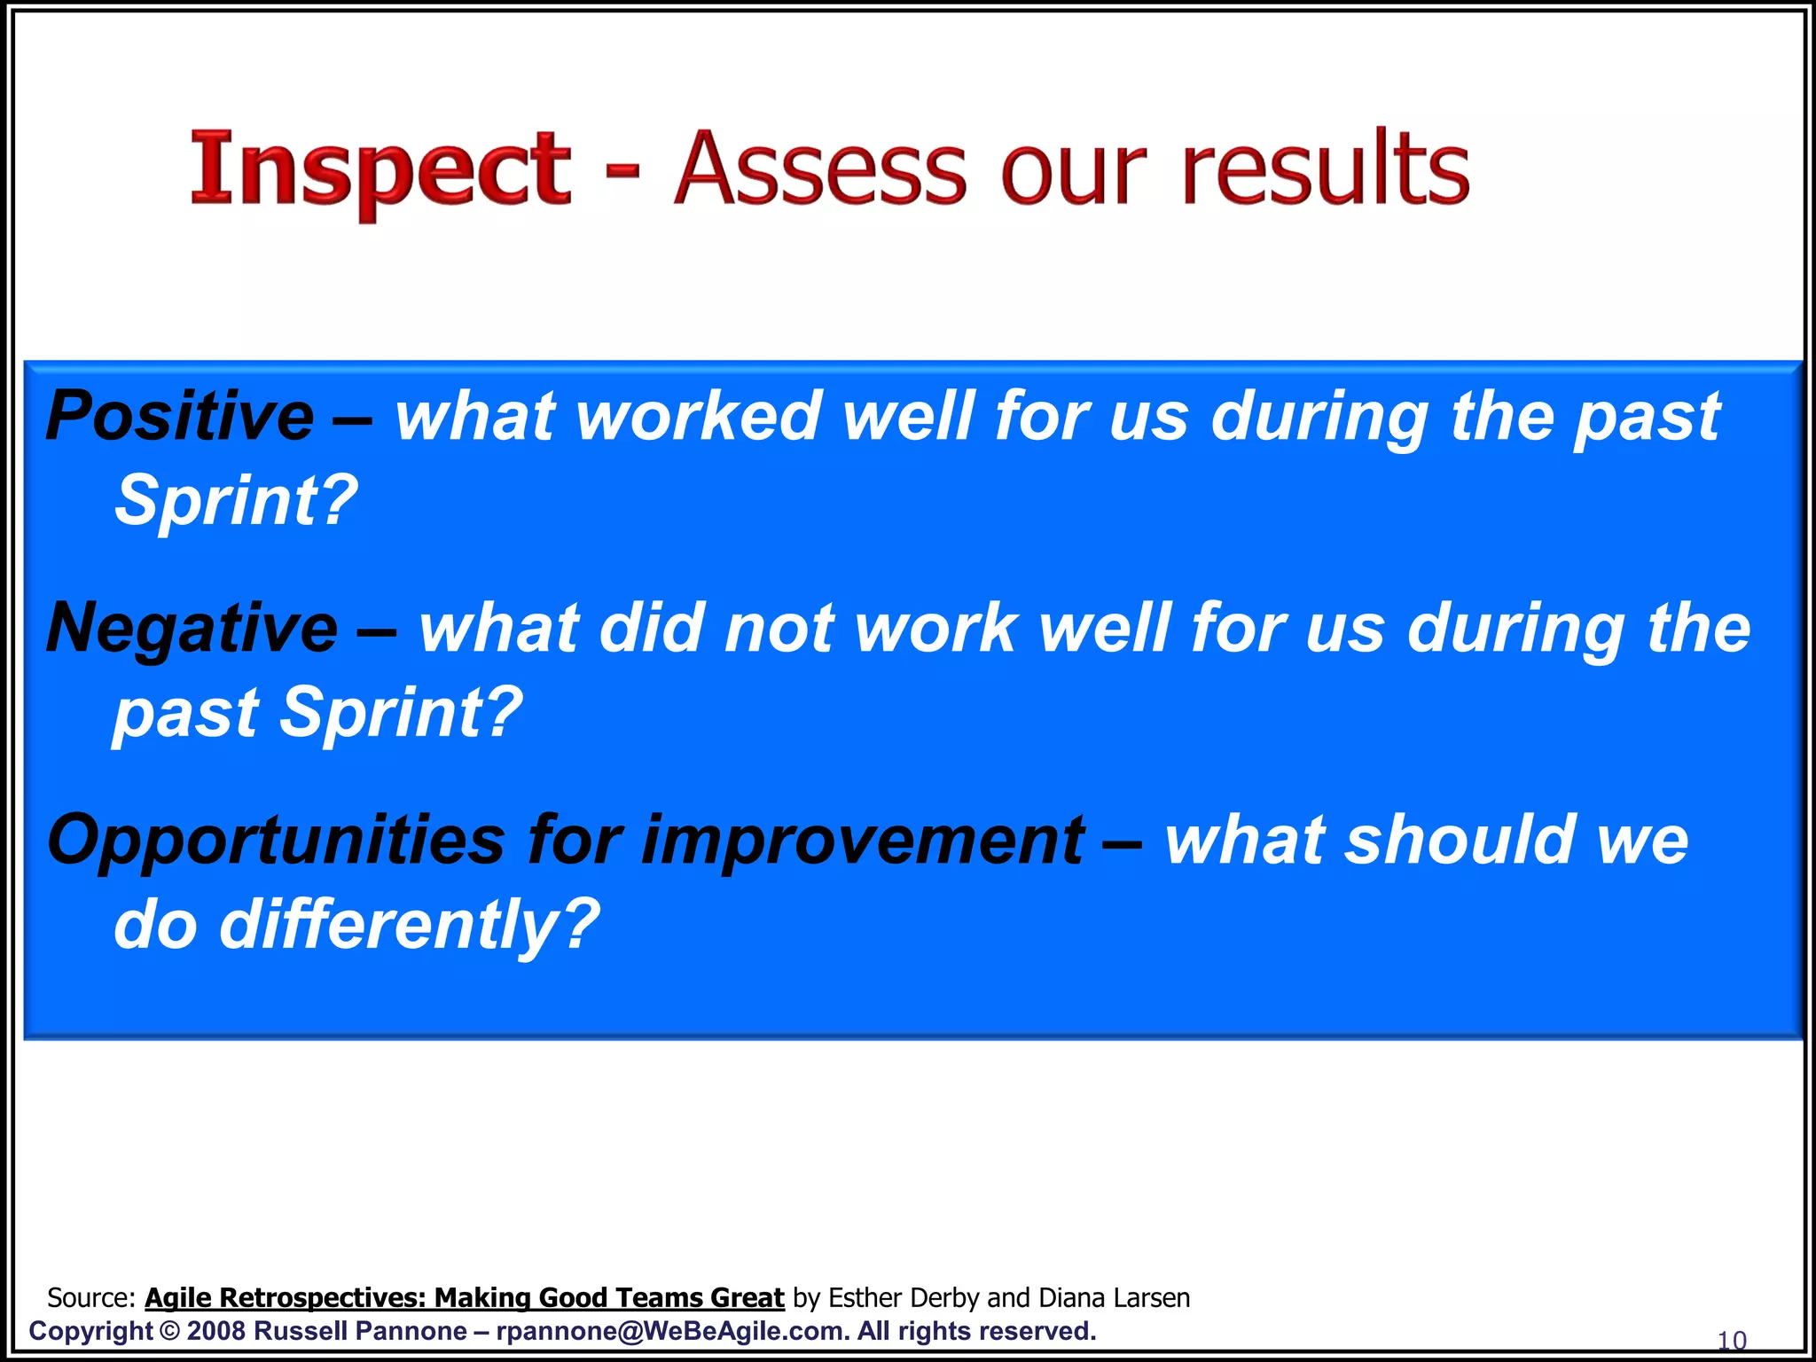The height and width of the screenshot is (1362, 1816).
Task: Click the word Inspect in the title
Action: pyautogui.click(x=381, y=168)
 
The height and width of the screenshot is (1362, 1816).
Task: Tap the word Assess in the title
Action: pyautogui.click(x=820, y=168)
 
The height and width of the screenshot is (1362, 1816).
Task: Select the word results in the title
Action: pyautogui.click(x=1326, y=168)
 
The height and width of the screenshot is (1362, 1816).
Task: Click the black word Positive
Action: pyautogui.click(x=180, y=417)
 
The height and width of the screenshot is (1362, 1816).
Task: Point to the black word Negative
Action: pyautogui.click(x=192, y=628)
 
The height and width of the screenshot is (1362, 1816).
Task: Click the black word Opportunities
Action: pyautogui.click(x=276, y=841)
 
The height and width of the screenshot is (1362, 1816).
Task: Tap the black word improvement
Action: pyautogui.click(x=862, y=841)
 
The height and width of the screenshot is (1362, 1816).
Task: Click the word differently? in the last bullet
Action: pyautogui.click(x=409, y=925)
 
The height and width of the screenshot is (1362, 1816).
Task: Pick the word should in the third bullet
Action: pyautogui.click(x=1460, y=841)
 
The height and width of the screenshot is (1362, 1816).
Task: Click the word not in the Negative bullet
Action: pyautogui.click(x=779, y=628)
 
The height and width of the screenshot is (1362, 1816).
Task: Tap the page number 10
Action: pyautogui.click(x=1732, y=1340)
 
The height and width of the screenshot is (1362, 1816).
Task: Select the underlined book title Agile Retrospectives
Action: pyautogui.click(x=465, y=1298)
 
